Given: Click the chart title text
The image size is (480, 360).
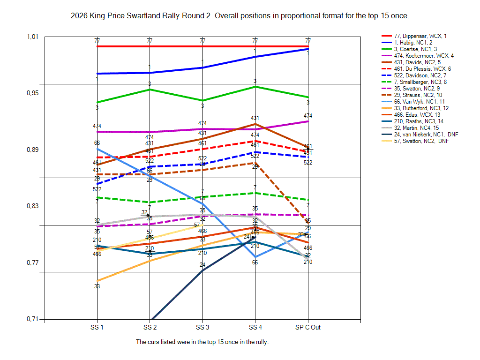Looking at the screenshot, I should [240, 16].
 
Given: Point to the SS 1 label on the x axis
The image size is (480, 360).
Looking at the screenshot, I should [97, 327].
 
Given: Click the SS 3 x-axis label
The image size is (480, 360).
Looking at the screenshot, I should [202, 327].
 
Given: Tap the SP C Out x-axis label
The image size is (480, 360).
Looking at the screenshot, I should [308, 327].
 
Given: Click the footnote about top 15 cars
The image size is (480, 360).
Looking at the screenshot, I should [202, 342].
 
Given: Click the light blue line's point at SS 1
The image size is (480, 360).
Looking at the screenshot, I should [97, 149].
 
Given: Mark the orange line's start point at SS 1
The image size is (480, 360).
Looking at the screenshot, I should [97, 281].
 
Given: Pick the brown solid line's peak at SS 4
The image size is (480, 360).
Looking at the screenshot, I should [255, 124].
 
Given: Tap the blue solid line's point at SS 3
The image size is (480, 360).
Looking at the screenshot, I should [202, 67].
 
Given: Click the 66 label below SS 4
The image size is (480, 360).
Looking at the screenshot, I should [255, 262].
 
